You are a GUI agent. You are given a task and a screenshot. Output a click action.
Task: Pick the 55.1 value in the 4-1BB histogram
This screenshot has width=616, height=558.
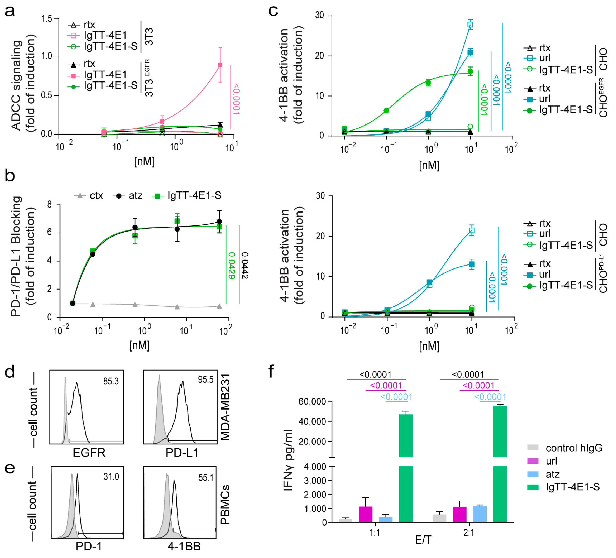pos(206,478)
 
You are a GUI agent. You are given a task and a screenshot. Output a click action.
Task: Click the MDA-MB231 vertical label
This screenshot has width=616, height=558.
pos(225,407)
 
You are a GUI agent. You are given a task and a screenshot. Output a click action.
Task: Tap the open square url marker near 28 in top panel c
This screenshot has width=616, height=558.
pos(470,25)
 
